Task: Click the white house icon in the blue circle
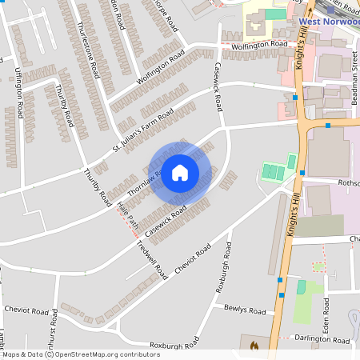[x=180, y=172]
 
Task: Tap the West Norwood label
[x=328, y=21]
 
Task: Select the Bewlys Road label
[x=245, y=310]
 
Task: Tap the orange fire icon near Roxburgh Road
[x=254, y=346]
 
